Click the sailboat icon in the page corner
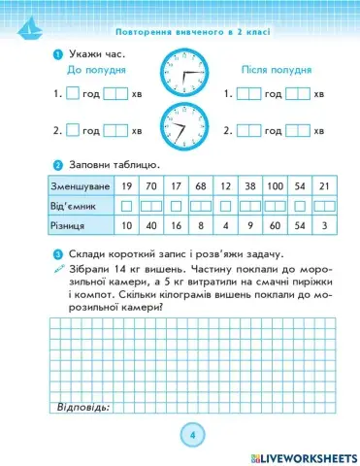point(24,25)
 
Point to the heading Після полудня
point(276,71)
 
